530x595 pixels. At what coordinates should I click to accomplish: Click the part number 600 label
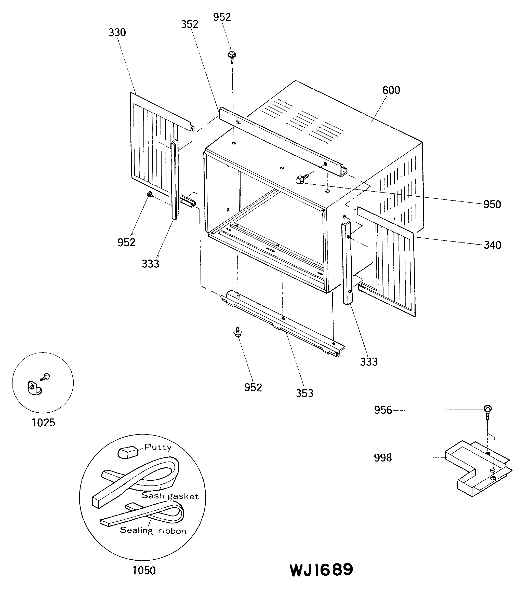tap(391, 90)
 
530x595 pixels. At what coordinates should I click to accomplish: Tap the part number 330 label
tap(117, 32)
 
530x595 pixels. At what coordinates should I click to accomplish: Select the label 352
tap(190, 24)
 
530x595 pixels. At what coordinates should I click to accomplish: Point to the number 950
tap(492, 204)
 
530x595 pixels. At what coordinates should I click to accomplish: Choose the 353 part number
tap(304, 393)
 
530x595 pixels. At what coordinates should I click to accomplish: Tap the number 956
tap(383, 410)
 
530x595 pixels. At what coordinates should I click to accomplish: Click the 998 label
tap(383, 458)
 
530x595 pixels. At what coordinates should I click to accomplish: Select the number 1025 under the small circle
tap(43, 422)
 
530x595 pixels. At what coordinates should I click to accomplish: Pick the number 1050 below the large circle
tap(144, 570)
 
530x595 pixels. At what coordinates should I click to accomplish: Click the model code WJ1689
tap(321, 570)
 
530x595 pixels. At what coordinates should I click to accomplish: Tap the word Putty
tap(158, 447)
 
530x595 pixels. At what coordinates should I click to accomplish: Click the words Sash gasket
tap(170, 496)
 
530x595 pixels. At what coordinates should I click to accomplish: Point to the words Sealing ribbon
tap(153, 530)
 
